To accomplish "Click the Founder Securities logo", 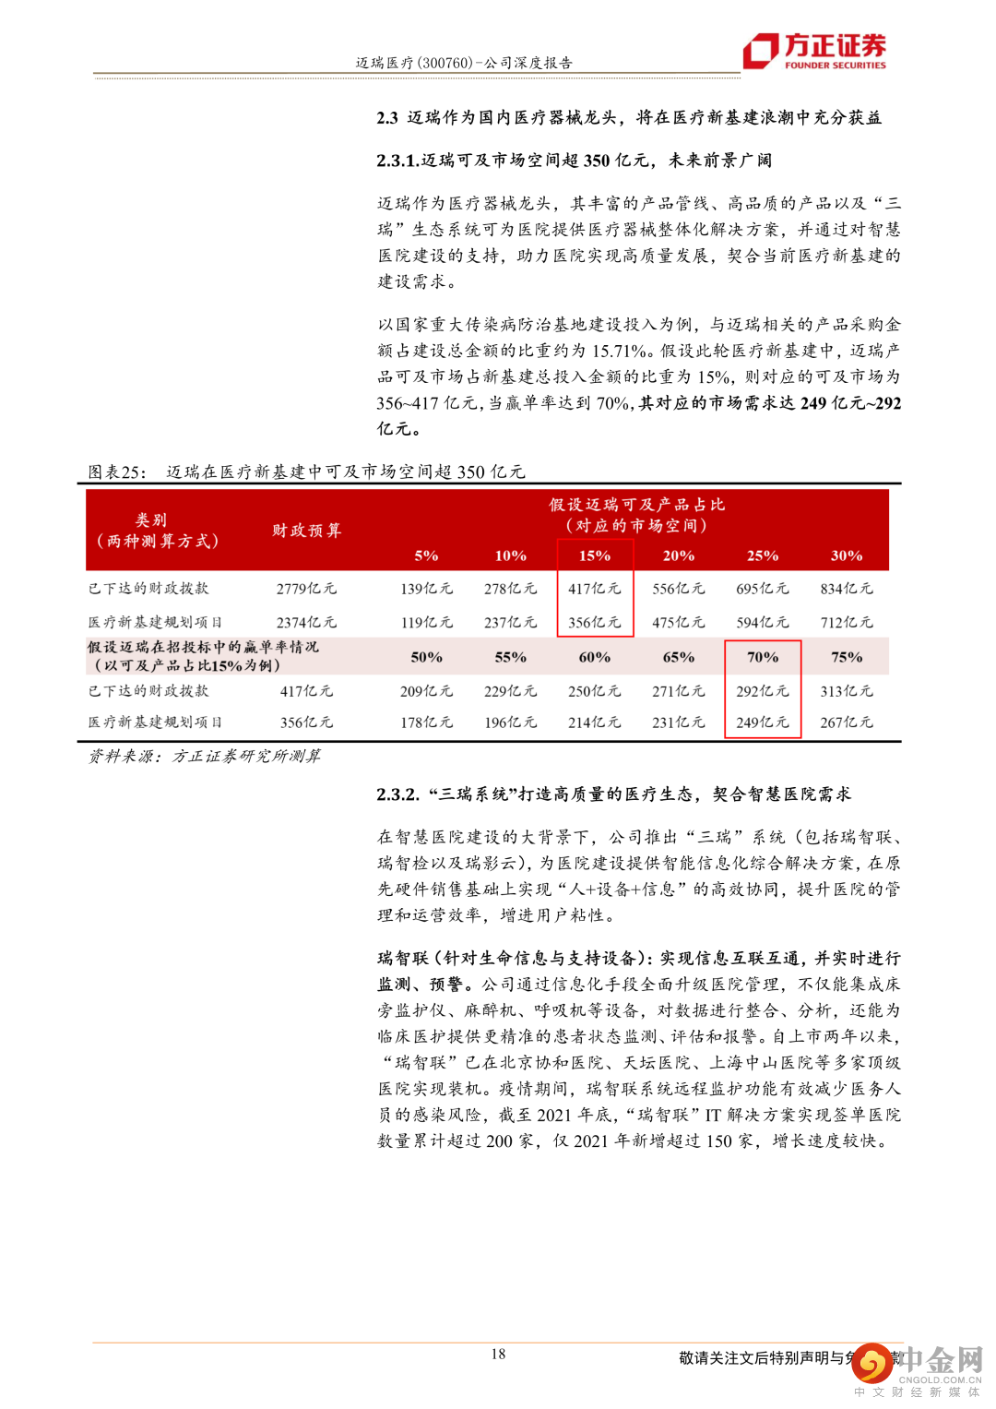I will (x=815, y=51).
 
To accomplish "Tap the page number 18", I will (x=498, y=1354).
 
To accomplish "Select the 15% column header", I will (x=595, y=555).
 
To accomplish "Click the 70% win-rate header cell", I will (x=763, y=657).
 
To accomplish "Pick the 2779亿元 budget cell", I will (x=306, y=589).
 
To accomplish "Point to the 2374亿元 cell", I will (x=306, y=623).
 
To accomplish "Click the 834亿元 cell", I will (x=847, y=589).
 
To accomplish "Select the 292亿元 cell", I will (x=763, y=691).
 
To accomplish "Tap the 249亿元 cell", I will (x=763, y=722).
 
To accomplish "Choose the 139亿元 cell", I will (x=426, y=589).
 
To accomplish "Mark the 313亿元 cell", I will (x=847, y=691).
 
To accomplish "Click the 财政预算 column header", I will (x=306, y=531).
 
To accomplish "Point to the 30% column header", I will (x=847, y=555).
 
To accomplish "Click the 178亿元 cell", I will (x=426, y=722).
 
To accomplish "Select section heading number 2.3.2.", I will (x=398, y=794).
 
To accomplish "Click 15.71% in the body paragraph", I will (x=619, y=351).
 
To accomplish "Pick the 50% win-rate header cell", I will (x=426, y=657).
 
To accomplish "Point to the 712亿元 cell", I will (x=847, y=623).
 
